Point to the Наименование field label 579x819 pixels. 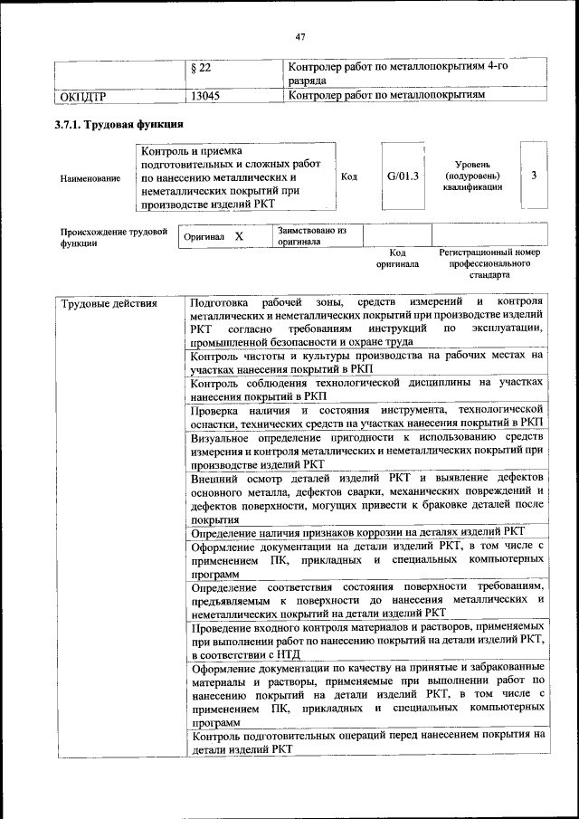coord(90,179)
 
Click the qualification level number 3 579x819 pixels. coord(534,176)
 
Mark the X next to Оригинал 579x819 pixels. coord(239,236)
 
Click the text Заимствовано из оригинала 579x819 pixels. coord(313,236)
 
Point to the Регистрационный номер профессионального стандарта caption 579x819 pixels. coord(489,263)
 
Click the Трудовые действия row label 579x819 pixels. coord(109,303)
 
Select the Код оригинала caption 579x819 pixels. coord(397,259)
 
